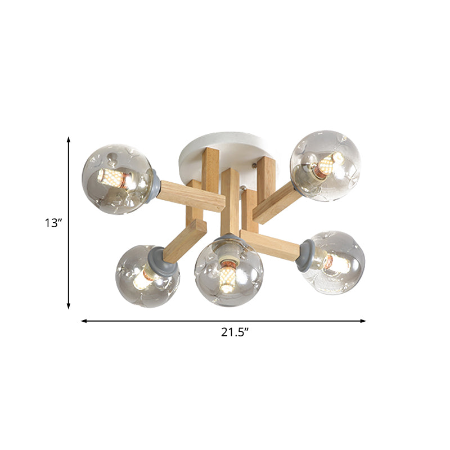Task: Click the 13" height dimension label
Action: [x=53, y=223]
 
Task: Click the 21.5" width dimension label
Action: [x=235, y=332]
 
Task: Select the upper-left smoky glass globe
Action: [x=117, y=179]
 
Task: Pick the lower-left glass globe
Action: [x=147, y=276]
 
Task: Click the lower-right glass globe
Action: [x=335, y=262]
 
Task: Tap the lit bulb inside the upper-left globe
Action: [x=112, y=178]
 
